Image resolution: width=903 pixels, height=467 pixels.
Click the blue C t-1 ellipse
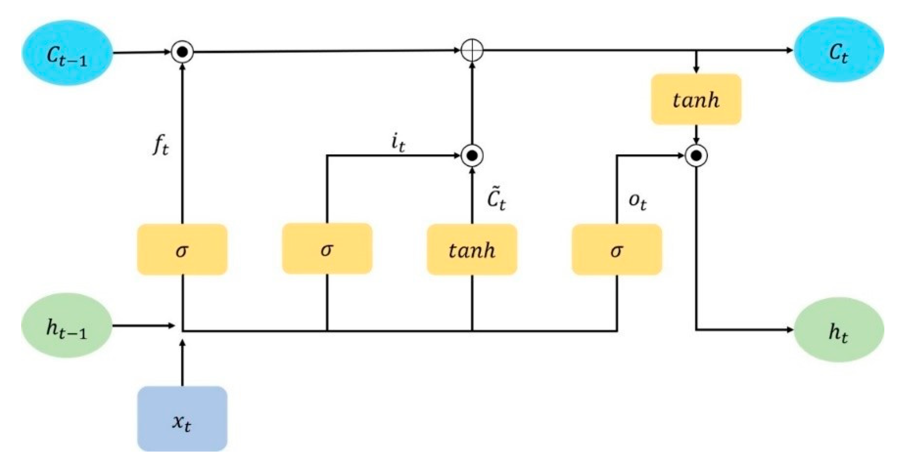tap(67, 53)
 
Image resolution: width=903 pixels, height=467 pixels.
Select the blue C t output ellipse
tap(839, 50)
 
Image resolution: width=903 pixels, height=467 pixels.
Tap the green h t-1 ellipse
tap(66, 325)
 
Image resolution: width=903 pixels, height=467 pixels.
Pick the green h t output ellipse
tap(839, 330)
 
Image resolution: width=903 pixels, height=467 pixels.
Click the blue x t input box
tap(182, 419)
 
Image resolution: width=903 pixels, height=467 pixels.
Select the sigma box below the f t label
tap(182, 249)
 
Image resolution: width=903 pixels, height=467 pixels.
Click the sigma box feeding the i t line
tap(327, 249)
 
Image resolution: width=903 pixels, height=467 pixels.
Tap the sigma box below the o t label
tap(617, 249)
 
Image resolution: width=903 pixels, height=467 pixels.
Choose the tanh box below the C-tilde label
tap(472, 249)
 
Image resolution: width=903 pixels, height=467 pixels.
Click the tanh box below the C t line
tap(696, 100)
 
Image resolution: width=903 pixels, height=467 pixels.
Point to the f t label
tap(160, 146)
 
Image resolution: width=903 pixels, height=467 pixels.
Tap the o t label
tap(637, 201)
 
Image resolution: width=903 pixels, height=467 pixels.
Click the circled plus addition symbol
tap(472, 50)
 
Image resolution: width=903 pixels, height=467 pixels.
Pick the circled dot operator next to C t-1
tap(182, 52)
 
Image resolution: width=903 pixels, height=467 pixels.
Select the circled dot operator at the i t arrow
tap(472, 156)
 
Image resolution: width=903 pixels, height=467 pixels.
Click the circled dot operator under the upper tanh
tap(696, 156)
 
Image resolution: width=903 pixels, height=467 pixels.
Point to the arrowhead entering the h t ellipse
tap(790, 330)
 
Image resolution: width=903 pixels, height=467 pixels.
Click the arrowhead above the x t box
tap(182, 343)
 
